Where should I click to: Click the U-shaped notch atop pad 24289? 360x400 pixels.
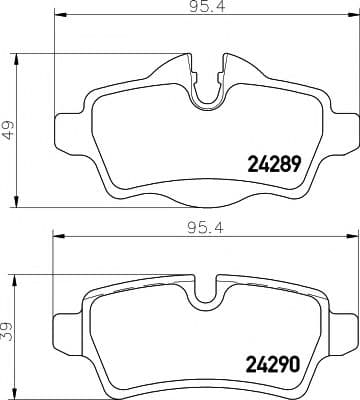(x=206, y=90)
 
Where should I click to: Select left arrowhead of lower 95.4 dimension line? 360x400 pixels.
(x=58, y=236)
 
